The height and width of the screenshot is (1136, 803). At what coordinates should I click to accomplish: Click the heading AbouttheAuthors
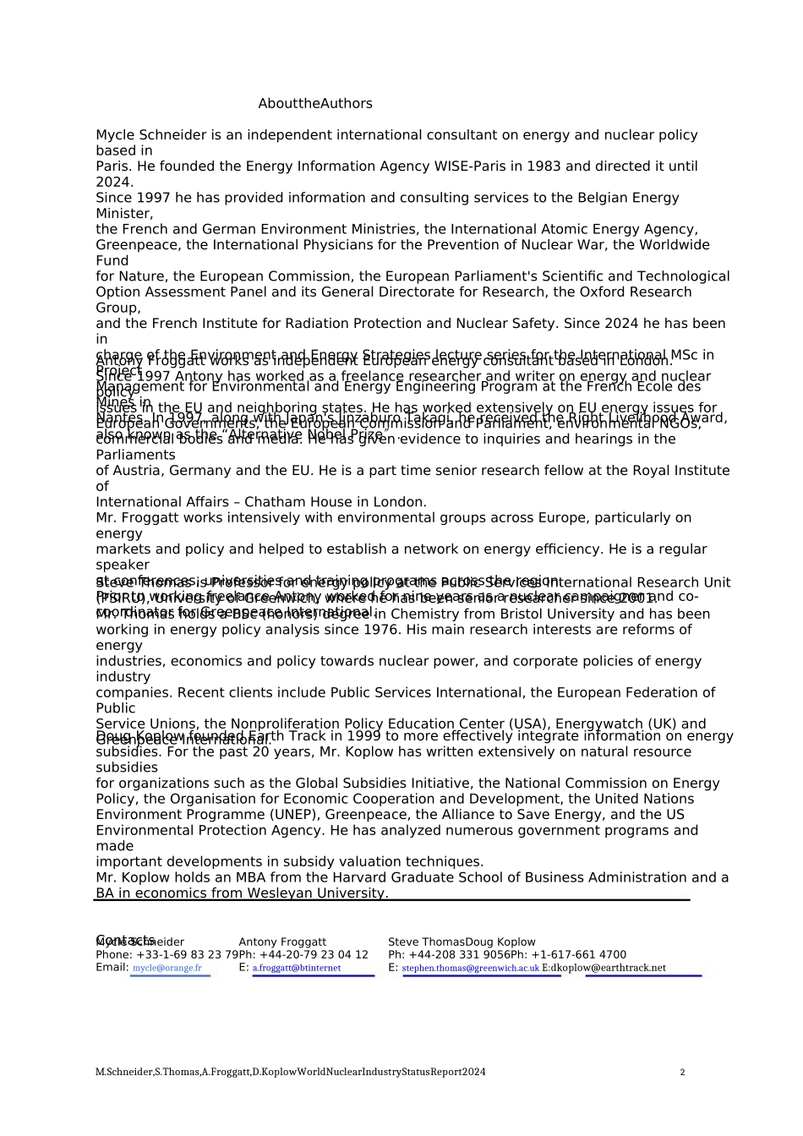tap(315, 104)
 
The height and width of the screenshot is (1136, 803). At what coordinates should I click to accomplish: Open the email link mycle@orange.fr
tap(167, 968)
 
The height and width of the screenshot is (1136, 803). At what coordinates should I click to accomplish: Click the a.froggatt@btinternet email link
tap(297, 968)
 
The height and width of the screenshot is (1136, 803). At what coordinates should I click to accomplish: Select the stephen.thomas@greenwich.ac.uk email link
tap(470, 968)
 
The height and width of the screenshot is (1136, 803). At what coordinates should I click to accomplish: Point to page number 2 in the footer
tap(682, 1073)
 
